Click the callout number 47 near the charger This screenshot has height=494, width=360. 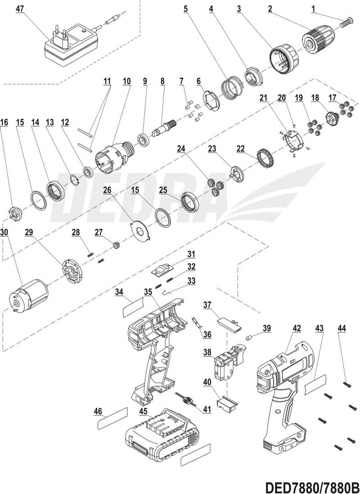click(x=20, y=9)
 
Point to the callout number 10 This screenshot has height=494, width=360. click(x=126, y=81)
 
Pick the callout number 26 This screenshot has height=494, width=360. click(x=107, y=190)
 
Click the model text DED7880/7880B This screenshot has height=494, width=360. click(x=312, y=488)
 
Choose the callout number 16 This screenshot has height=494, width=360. click(x=4, y=122)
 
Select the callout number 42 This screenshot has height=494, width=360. click(x=297, y=329)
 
